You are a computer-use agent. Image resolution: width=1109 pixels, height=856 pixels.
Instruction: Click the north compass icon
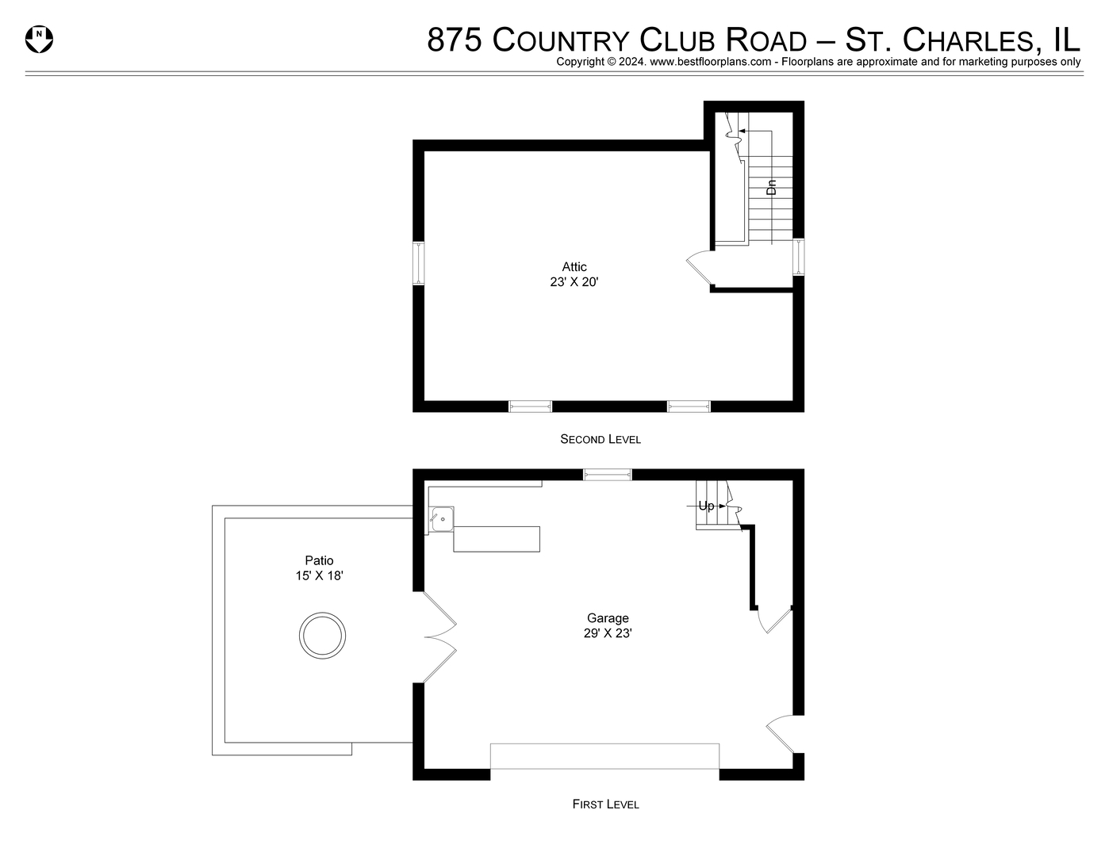[x=39, y=39]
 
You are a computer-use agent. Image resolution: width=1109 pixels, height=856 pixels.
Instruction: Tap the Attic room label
[x=574, y=267]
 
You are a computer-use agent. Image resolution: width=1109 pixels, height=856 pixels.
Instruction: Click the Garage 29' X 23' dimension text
[x=608, y=633]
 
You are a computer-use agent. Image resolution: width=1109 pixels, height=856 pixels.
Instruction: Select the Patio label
[x=319, y=560]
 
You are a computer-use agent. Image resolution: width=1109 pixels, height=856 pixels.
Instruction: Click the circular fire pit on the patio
[x=322, y=635]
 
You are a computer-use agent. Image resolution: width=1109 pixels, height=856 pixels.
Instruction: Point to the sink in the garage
[x=442, y=520]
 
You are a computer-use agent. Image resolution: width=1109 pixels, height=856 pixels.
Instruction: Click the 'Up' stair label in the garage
[x=706, y=506]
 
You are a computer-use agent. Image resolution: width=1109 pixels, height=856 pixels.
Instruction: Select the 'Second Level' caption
[x=601, y=439]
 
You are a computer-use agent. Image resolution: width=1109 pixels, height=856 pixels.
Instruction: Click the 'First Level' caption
[x=605, y=804]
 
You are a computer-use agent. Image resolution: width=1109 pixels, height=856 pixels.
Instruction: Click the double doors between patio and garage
[x=438, y=637]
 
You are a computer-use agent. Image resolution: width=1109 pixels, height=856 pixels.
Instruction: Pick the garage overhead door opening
[x=604, y=756]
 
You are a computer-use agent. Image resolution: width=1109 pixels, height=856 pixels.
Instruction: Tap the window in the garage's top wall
[x=608, y=475]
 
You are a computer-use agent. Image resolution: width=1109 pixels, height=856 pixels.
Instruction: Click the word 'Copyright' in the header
[x=581, y=62]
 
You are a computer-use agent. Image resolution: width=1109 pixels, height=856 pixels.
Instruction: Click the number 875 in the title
[x=455, y=40]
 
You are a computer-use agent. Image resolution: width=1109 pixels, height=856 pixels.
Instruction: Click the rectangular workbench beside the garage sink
[x=497, y=539]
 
